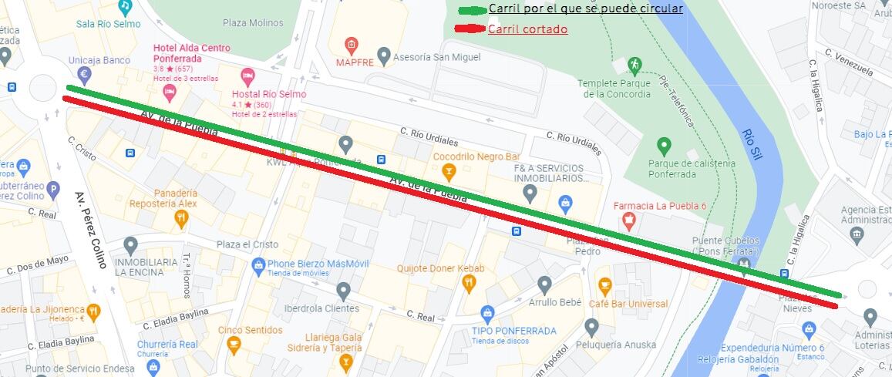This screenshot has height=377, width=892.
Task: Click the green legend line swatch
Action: (472, 11)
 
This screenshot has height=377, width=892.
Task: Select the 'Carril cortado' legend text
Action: (527, 29)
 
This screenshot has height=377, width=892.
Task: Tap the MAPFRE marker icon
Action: (352, 44)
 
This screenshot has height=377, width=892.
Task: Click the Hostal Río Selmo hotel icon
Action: (247, 76)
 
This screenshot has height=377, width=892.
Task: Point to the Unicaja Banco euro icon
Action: (85, 75)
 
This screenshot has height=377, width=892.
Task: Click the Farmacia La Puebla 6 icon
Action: (629, 222)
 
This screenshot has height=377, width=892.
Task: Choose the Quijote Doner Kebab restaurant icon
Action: (468, 284)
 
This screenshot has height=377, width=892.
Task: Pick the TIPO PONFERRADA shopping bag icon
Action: (487, 314)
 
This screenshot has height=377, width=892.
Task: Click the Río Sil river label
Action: (752, 143)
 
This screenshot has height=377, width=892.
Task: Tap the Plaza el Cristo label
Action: (247, 244)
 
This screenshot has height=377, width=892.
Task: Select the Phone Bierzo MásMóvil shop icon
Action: (259, 266)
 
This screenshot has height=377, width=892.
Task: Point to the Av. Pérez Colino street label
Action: (90, 230)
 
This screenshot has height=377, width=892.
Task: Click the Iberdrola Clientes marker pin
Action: (344, 291)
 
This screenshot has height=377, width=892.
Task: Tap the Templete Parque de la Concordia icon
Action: (634, 64)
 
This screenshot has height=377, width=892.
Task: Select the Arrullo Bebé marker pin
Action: (545, 285)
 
